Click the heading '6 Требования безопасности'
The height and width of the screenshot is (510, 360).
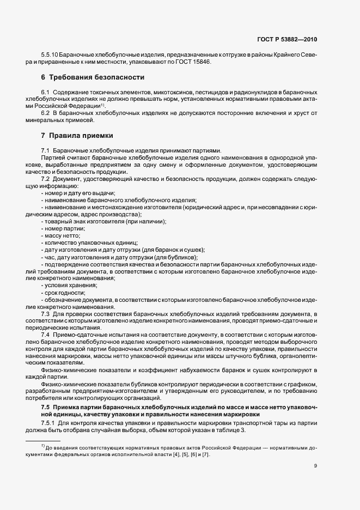(93, 77)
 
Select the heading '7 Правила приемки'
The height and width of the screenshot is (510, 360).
(77, 135)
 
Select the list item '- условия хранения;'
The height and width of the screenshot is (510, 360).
(69, 286)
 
